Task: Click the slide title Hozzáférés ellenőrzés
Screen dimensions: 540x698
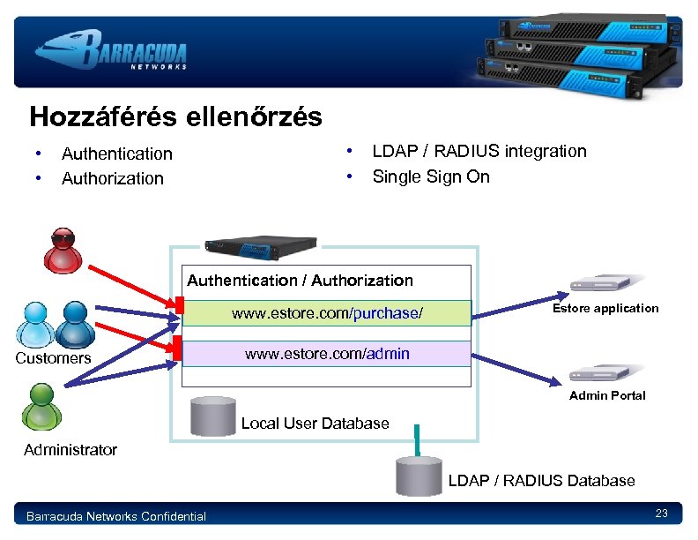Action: click(175, 117)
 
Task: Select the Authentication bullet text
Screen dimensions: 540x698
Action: click(116, 154)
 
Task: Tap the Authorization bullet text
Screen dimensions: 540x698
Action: click(112, 178)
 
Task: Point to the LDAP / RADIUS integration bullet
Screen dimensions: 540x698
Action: click(479, 151)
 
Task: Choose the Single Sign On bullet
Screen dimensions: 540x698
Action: click(430, 176)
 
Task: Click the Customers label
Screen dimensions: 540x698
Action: click(53, 358)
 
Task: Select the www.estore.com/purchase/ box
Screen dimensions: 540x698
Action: click(326, 313)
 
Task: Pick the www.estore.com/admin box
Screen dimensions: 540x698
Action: click(326, 354)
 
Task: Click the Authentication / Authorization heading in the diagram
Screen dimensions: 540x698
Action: click(300, 281)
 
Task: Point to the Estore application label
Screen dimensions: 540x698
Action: click(605, 308)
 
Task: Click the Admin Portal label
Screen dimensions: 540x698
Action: click(607, 395)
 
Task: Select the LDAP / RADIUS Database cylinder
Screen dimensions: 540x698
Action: click(418, 476)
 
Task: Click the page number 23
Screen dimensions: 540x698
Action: click(662, 514)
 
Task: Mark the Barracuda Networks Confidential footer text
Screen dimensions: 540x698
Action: click(116, 516)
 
